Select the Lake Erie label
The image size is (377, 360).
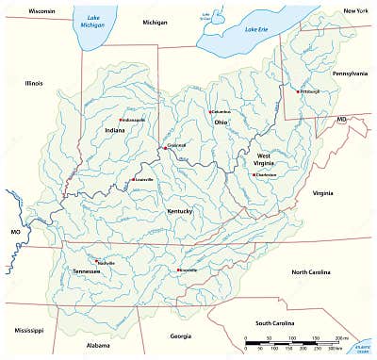(256, 29)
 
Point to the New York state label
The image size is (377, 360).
(355, 10)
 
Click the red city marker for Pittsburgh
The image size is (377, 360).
(298, 91)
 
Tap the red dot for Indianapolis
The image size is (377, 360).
(121, 120)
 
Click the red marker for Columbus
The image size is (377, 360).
(211, 112)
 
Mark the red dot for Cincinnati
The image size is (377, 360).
(165, 147)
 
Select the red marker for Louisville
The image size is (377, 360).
(134, 179)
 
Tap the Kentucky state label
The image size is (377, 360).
(179, 212)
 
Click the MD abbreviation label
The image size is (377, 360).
(342, 121)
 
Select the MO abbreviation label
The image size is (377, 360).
(15, 232)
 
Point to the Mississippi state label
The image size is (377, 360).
(29, 331)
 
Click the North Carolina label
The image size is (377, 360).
(312, 272)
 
